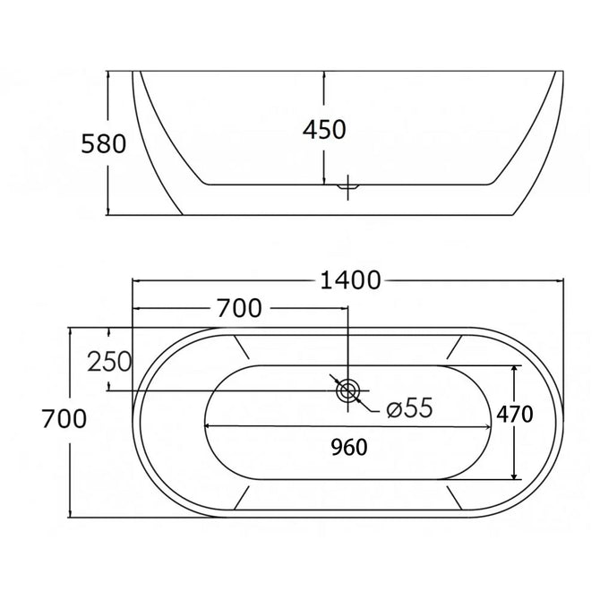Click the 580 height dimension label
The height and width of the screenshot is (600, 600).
[103, 144]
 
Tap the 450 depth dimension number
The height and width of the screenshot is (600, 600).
[324, 129]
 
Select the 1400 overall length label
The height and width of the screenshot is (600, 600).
[350, 280]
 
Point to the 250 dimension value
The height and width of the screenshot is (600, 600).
[109, 362]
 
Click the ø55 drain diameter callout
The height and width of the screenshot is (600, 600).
[409, 407]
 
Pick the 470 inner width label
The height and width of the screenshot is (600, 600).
[515, 414]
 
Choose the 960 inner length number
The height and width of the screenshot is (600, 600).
[349, 447]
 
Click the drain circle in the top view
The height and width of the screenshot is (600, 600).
[347, 390]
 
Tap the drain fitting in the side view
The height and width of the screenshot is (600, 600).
[347, 187]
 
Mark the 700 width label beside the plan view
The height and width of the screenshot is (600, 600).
[64, 418]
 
